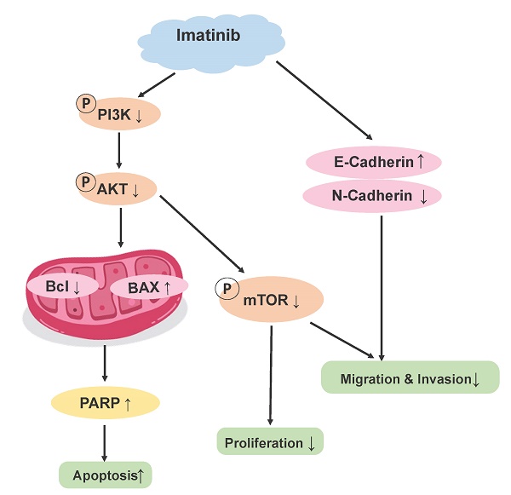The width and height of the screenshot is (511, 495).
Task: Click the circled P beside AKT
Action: pos(85,181)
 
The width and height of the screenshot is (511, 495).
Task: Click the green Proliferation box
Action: pos(269,443)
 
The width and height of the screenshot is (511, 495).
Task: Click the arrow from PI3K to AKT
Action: pos(120,150)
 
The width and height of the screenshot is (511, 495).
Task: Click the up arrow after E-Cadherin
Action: pos(421,159)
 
